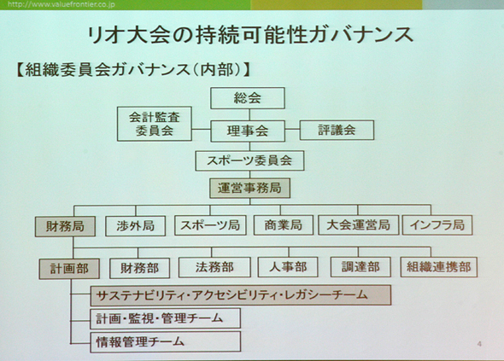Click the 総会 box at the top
[x=248, y=98]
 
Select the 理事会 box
[x=248, y=131]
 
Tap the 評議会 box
[x=337, y=130]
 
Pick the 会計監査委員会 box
[x=155, y=124]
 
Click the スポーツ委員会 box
[x=249, y=160]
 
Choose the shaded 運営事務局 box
[x=249, y=188]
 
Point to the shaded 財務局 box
[x=65, y=226]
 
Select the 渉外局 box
[x=135, y=226]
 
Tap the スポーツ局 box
[x=210, y=225]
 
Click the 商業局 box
[x=283, y=225]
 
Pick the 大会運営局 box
[x=359, y=224]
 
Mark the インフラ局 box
[x=437, y=224]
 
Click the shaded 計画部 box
[x=69, y=269]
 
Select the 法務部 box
[x=214, y=267]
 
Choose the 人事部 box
[x=288, y=267]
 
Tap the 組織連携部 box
[x=439, y=267]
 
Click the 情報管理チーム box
[x=165, y=342]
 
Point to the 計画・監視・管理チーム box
[x=165, y=318]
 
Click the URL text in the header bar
[x=61, y=4]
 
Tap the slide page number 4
[x=479, y=344]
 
